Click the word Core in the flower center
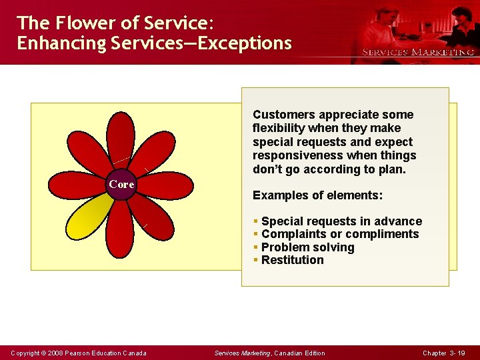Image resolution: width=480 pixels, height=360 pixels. [x=121, y=185]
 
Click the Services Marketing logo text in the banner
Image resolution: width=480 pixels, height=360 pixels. [x=417, y=52]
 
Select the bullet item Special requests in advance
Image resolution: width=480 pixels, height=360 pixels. [x=341, y=221]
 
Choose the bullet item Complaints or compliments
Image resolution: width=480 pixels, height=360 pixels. [x=340, y=234]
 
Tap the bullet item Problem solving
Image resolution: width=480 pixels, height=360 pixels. [x=307, y=247]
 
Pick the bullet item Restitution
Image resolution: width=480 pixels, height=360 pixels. [x=292, y=260]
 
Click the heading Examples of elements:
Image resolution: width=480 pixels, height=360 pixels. [x=317, y=196]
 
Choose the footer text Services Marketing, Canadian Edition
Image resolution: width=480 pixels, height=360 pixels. [x=269, y=353]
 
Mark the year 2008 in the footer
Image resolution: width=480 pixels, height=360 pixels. [x=52, y=353]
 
